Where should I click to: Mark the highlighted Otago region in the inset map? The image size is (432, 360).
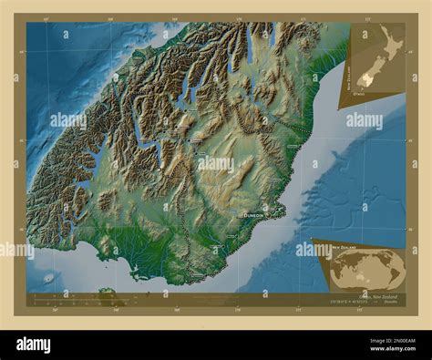tap(364, 80)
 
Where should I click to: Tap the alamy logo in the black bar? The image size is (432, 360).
tap(34, 345)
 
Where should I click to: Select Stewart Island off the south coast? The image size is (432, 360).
tap(108, 293)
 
